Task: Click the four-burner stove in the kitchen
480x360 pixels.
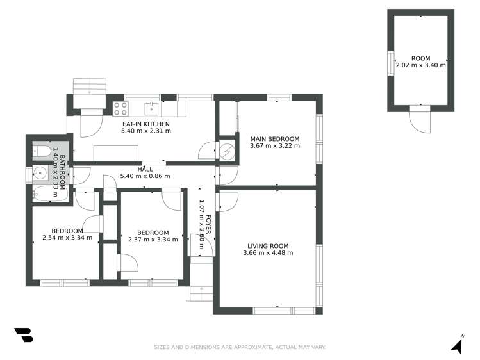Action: (119, 108)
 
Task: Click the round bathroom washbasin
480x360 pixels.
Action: (40, 173)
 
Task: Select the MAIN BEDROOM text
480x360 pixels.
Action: (274, 139)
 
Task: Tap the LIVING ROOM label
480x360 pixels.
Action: (268, 245)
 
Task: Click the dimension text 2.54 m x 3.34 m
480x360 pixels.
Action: (67, 238)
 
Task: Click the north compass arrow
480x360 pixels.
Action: (457, 345)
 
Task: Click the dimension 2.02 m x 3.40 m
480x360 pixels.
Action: (420, 65)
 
